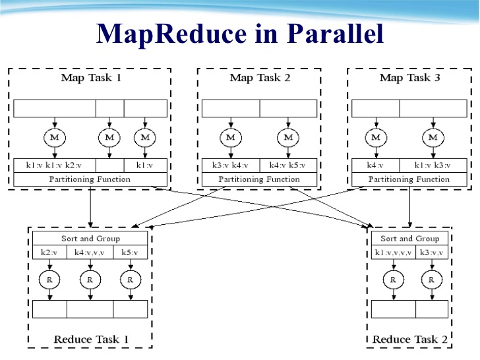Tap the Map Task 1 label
[91, 78]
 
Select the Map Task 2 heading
[260, 78]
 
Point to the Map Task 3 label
[409, 78]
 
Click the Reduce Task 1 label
[91, 340]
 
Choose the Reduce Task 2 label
[409, 340]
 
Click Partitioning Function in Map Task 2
[259, 179]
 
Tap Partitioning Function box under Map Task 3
[409, 179]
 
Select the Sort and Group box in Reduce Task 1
[91, 239]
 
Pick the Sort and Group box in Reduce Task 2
[409, 239]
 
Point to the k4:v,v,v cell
[90, 253]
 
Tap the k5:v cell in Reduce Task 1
[131, 253]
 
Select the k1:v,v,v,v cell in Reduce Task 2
[394, 253]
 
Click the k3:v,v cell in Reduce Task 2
[432, 253]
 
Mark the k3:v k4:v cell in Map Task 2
[230, 165]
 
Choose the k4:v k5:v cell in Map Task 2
[288, 165]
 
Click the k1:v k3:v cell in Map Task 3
[433, 165]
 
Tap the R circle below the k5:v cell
[131, 280]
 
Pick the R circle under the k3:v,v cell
[432, 280]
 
